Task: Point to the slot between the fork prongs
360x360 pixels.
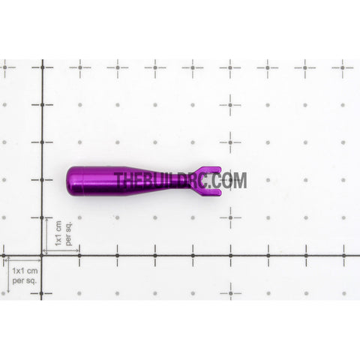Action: pos(213,181)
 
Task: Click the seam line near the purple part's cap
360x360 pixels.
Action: pos(82,181)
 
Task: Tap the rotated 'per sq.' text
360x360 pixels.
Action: pos(68,233)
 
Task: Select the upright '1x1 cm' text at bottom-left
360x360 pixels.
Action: pos(25,271)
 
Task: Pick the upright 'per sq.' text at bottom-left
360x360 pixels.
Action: pos(25,280)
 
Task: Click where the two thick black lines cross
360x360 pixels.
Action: pos(42,256)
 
